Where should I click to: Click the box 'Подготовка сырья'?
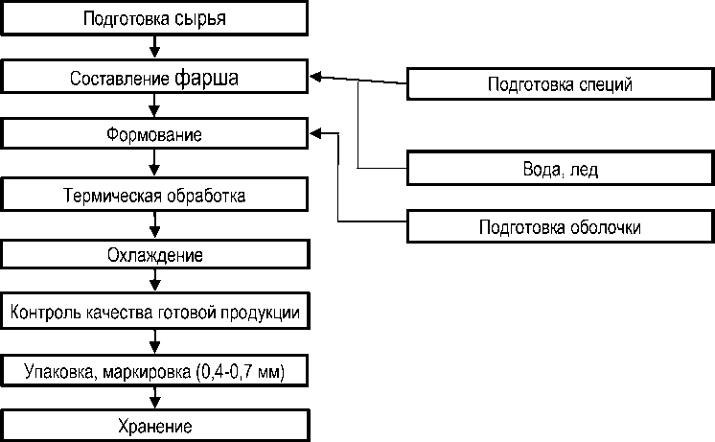click(x=154, y=18)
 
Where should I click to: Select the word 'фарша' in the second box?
click(x=207, y=78)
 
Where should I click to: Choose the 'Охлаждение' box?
click(x=154, y=255)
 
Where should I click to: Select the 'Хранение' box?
click(x=154, y=426)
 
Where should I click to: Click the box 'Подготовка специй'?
click(x=560, y=83)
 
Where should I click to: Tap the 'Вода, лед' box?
click(x=560, y=169)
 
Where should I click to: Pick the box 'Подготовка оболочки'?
click(x=560, y=227)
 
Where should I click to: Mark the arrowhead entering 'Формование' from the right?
click(x=316, y=134)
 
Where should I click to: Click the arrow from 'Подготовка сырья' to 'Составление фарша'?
click(x=154, y=47)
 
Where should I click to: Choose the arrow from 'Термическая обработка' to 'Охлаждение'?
click(x=154, y=225)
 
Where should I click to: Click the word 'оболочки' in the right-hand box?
click(x=605, y=227)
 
